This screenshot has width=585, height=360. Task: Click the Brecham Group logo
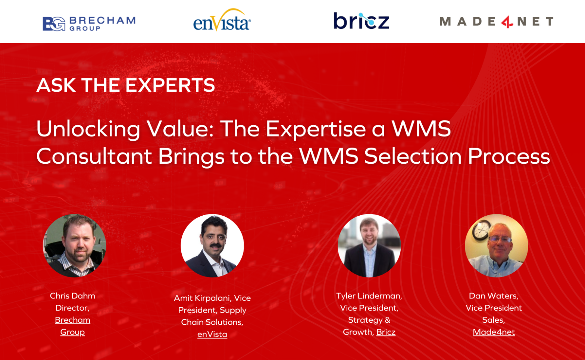pyautogui.click(x=89, y=24)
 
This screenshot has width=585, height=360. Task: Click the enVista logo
pyautogui.click(x=222, y=20)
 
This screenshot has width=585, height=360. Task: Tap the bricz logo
pyautogui.click(x=362, y=21)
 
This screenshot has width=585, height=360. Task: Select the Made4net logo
pyautogui.click(x=497, y=21)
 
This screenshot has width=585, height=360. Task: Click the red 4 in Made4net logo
pyautogui.click(x=507, y=22)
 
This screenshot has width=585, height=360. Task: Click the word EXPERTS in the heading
pyautogui.click(x=170, y=85)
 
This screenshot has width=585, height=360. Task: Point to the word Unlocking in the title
pyautogui.click(x=88, y=129)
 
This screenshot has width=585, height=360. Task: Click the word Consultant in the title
pyautogui.click(x=94, y=156)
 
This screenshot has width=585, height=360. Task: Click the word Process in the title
pyautogui.click(x=509, y=156)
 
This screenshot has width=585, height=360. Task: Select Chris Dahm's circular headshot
pyautogui.click(x=75, y=245)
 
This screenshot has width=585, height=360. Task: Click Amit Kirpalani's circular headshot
pyautogui.click(x=212, y=245)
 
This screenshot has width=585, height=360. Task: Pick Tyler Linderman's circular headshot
pyautogui.click(x=369, y=245)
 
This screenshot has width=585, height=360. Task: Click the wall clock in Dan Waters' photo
pyautogui.click(x=481, y=230)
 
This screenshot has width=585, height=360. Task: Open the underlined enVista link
pyautogui.click(x=212, y=334)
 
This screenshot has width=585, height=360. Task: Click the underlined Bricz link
pyautogui.click(x=386, y=332)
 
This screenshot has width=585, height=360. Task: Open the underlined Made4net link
pyautogui.click(x=494, y=332)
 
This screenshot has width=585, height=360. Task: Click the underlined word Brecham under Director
pyautogui.click(x=73, y=320)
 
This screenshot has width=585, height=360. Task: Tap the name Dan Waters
pyautogui.click(x=494, y=296)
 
